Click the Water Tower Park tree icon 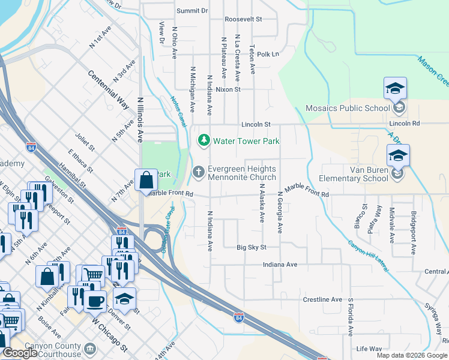point(203,140)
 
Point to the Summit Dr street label point(192,11)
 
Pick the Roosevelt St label point(243,19)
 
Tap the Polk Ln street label point(268,54)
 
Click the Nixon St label point(228,89)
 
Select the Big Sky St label point(251,247)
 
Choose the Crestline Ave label point(322,299)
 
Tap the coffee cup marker point(95,300)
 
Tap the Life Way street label point(369,349)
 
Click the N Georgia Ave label point(280,212)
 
